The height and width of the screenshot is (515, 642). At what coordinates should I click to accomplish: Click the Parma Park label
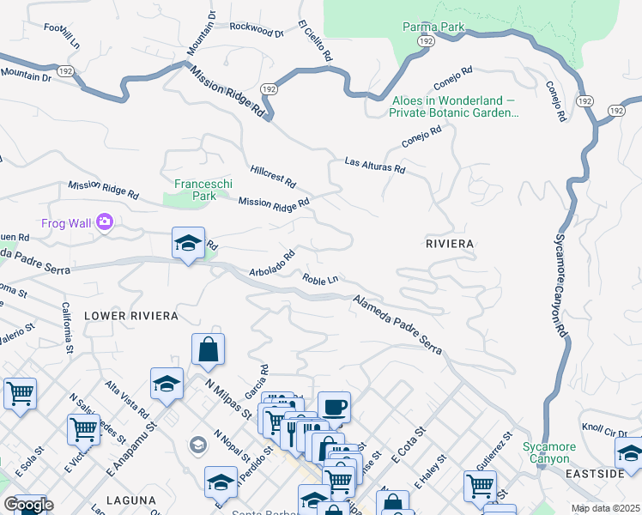click(x=433, y=27)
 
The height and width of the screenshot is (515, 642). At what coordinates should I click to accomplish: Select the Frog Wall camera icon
click(x=106, y=222)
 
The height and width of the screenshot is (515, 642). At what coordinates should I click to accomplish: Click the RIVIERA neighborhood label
click(x=450, y=244)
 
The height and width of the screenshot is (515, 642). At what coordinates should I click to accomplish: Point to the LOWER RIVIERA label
click(x=131, y=316)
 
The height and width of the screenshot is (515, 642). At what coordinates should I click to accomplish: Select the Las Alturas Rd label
click(x=374, y=165)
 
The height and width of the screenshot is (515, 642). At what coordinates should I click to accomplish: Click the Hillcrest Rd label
click(x=273, y=177)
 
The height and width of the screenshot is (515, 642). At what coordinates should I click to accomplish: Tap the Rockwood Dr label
click(x=257, y=30)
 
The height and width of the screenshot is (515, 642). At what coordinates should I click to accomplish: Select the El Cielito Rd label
click(x=314, y=39)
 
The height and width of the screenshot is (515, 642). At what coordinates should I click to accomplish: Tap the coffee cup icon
click(x=334, y=408)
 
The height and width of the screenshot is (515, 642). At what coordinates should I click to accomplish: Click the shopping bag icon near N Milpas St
click(x=208, y=349)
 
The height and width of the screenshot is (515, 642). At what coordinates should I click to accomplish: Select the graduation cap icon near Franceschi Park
click(x=188, y=244)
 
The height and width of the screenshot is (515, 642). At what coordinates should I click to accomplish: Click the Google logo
click(x=28, y=505)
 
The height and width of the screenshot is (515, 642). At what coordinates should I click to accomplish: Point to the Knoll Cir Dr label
click(x=601, y=428)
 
